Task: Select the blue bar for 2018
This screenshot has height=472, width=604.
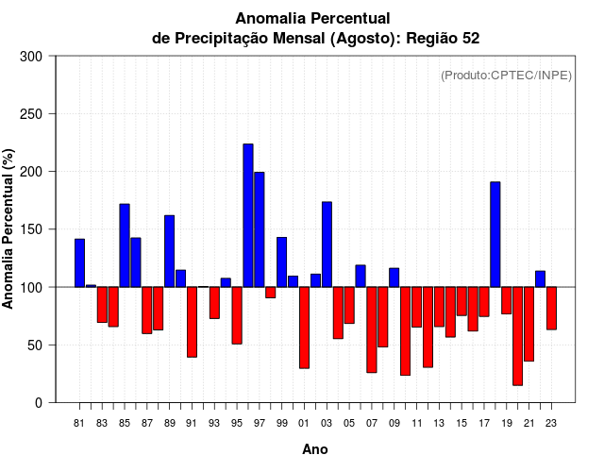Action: point(495,234)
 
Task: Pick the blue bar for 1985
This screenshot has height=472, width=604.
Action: point(125,245)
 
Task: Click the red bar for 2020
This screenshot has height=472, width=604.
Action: point(517,336)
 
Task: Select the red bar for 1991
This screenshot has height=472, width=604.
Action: point(192,322)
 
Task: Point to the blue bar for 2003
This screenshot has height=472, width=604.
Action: point(327,244)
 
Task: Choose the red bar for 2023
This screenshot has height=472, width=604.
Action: point(551,308)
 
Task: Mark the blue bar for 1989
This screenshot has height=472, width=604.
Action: point(170,251)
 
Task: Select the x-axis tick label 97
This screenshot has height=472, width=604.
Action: point(260,422)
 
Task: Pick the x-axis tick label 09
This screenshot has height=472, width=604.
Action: point(394,422)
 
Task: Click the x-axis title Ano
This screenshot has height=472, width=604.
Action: point(315,449)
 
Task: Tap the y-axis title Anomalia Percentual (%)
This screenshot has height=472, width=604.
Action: point(9,228)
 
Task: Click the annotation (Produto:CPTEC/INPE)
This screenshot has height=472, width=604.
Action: point(506,76)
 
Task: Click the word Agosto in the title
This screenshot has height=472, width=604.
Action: point(361,39)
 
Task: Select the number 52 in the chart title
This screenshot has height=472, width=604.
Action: point(469,39)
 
